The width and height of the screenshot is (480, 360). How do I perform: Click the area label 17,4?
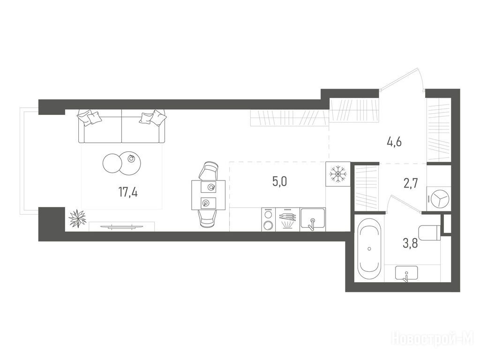tap(128, 193)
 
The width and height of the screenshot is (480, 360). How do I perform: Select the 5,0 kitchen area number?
tap(279, 181)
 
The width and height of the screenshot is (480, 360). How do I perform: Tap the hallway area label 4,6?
tap(394, 142)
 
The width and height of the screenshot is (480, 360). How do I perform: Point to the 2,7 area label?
tap(410, 184)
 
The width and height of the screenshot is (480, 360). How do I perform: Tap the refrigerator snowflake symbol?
tap(337, 174)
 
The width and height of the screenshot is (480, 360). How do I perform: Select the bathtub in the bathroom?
tap(369, 249)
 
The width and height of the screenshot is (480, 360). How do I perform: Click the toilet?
tap(429, 233)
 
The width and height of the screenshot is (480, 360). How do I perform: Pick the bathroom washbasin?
tap(406, 273)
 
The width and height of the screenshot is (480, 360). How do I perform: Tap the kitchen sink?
tap(313, 218)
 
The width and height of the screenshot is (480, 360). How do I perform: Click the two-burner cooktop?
tap(269, 219)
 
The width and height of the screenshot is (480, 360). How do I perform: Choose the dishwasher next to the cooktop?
tap(288, 219)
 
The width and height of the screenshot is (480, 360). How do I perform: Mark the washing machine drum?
tap(439, 199)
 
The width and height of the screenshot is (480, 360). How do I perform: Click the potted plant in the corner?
tap(77, 218)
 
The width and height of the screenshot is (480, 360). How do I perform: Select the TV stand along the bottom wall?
tap(122, 226)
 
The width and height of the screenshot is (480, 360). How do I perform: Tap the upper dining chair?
tap(209, 171)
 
